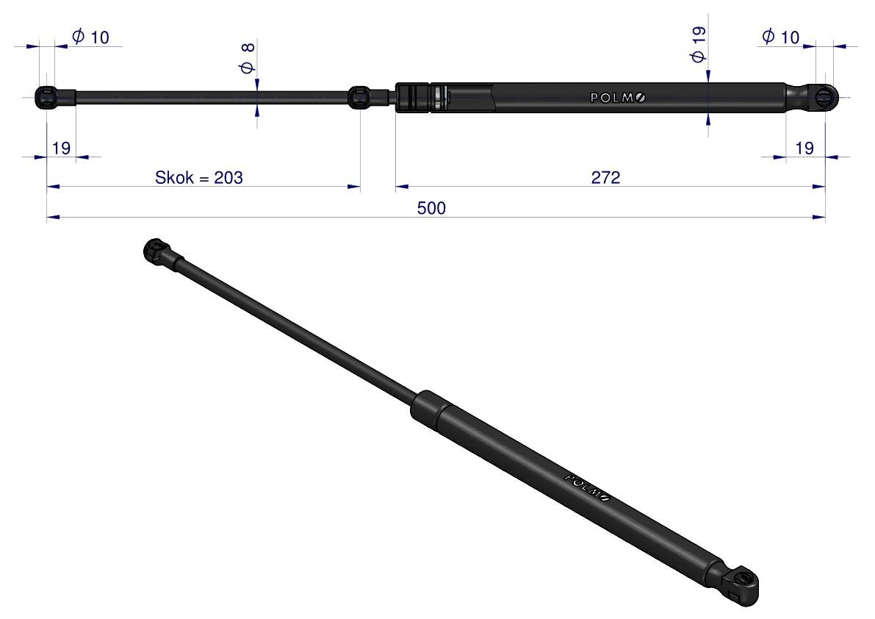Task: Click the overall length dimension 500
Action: coord(431,208)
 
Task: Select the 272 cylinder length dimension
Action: coord(605,177)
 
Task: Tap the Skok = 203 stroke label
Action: coord(198,177)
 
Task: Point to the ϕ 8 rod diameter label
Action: coord(247,58)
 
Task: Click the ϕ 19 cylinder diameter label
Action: coord(697,45)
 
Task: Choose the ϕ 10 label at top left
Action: coord(91,37)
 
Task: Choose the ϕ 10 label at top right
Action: coord(781,37)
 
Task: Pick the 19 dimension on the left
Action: coord(61,148)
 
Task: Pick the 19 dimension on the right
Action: coord(804,148)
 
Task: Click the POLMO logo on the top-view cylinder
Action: coord(618,98)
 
